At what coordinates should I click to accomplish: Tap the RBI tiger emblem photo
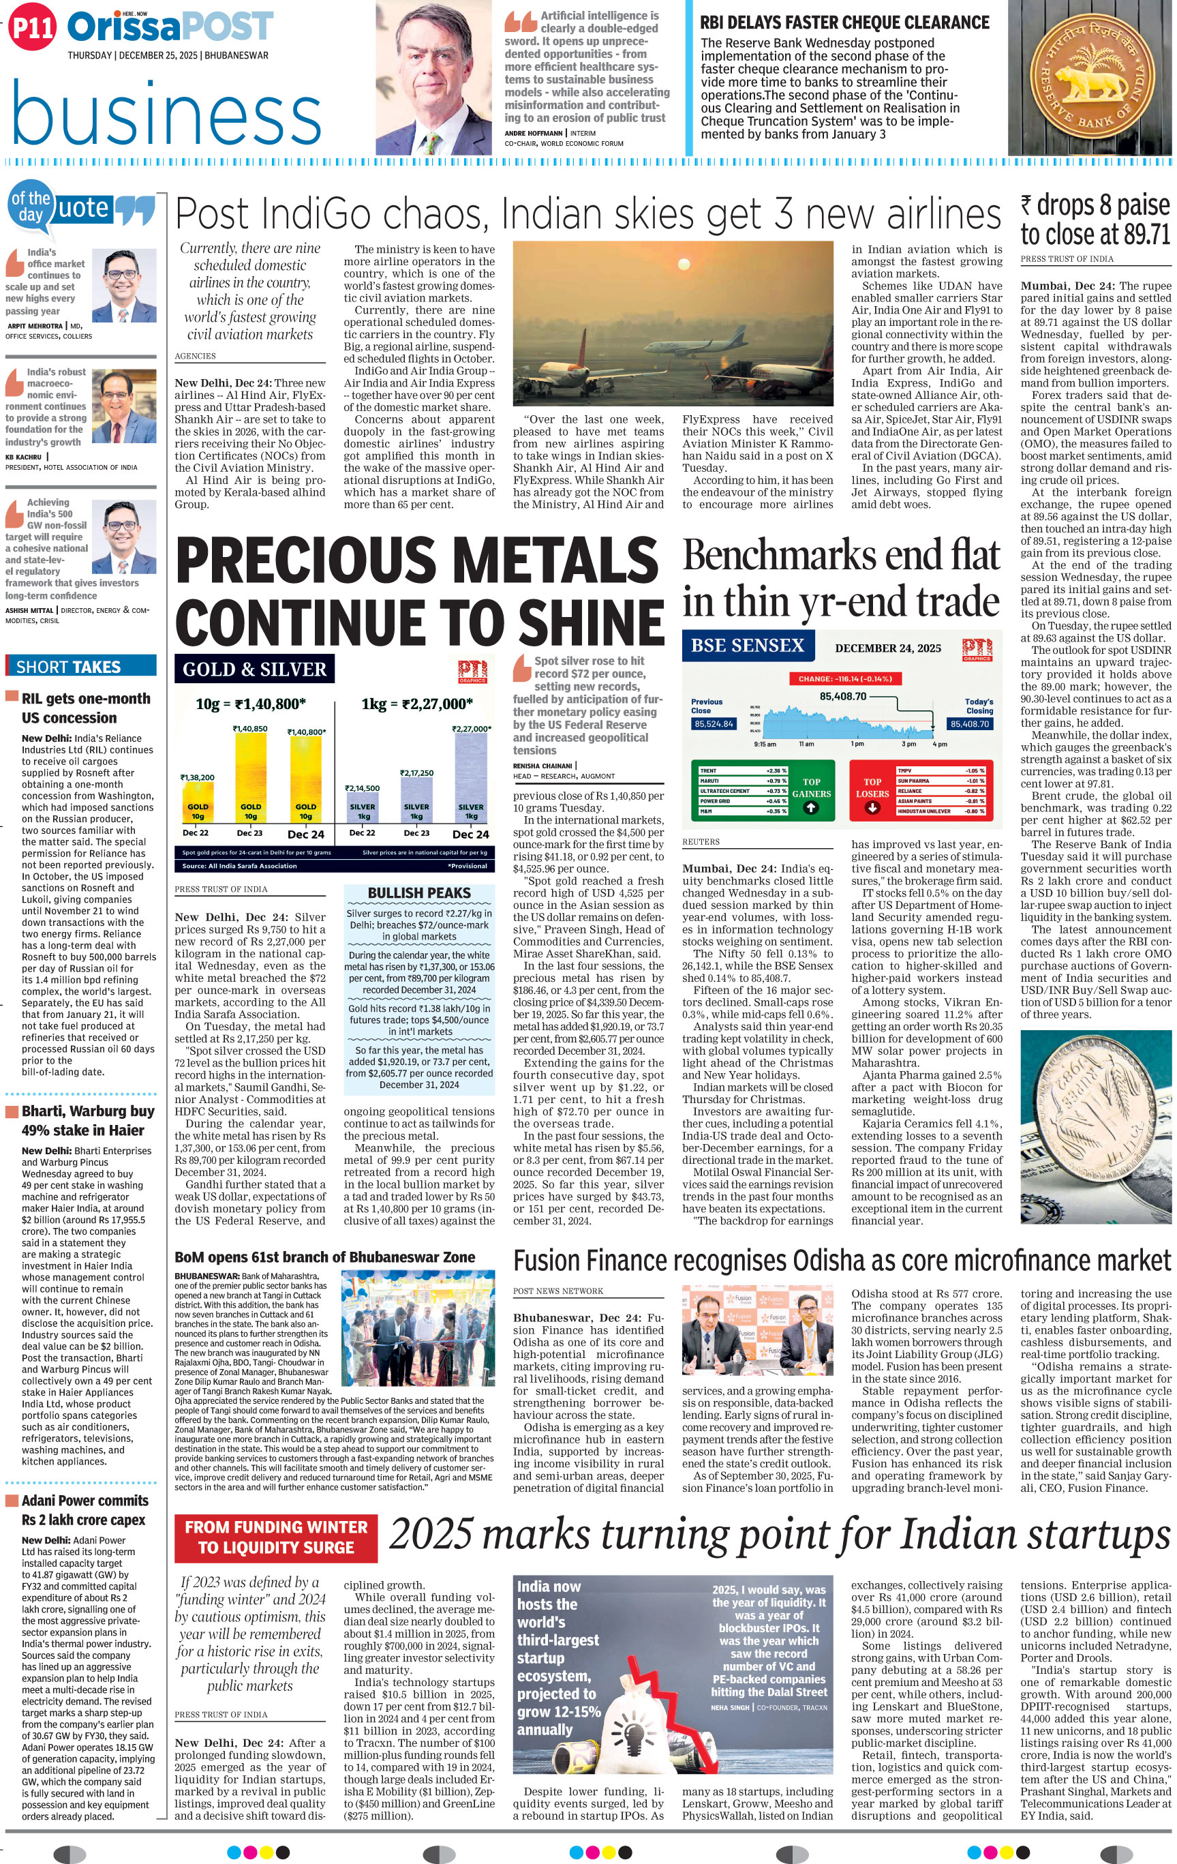point(1091,78)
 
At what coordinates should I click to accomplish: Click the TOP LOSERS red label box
point(872,788)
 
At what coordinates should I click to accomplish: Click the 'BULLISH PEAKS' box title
point(418,892)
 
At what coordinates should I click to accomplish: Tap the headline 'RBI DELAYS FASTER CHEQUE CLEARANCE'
point(844,22)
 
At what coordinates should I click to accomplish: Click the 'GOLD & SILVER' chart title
point(255,669)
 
